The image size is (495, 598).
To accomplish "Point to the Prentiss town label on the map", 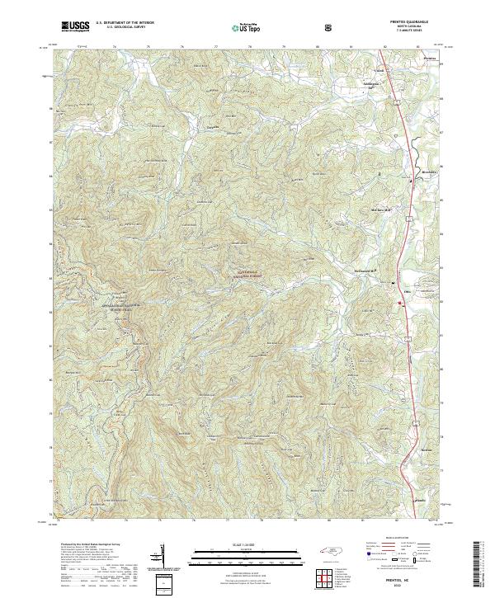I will [x=427, y=59].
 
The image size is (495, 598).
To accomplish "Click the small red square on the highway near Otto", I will [x=400, y=304].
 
